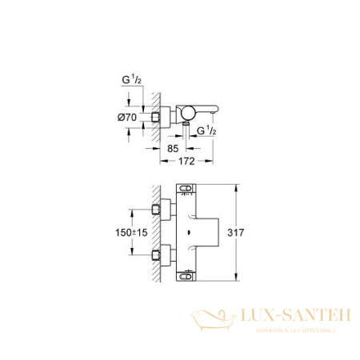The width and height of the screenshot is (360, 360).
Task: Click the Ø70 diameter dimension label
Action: coord(128,117)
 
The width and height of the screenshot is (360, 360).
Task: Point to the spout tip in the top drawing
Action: coord(214,114)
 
